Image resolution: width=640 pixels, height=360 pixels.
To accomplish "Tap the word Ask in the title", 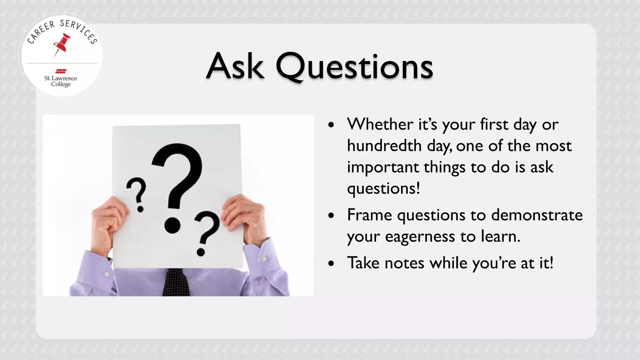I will click(x=235, y=67).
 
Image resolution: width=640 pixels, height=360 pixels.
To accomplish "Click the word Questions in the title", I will click(x=354, y=67).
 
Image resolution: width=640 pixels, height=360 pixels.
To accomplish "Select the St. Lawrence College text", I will click(x=61, y=81).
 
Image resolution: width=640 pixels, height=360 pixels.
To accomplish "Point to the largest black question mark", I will click(x=177, y=184).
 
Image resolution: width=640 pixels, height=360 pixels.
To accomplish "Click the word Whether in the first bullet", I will click(x=380, y=124).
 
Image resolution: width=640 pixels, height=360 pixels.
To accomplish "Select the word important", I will click(x=382, y=167).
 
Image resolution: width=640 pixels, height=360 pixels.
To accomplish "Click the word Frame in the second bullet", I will click(x=369, y=215).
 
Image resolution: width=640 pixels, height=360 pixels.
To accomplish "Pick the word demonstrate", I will click(x=537, y=215).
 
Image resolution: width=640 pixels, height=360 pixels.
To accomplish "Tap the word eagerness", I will click(x=420, y=237).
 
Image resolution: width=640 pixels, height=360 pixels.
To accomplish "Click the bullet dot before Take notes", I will click(x=331, y=263).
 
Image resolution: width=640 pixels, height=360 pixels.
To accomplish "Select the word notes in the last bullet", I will click(x=404, y=263).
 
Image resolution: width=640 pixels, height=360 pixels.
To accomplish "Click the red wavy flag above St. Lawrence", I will click(x=61, y=71).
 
